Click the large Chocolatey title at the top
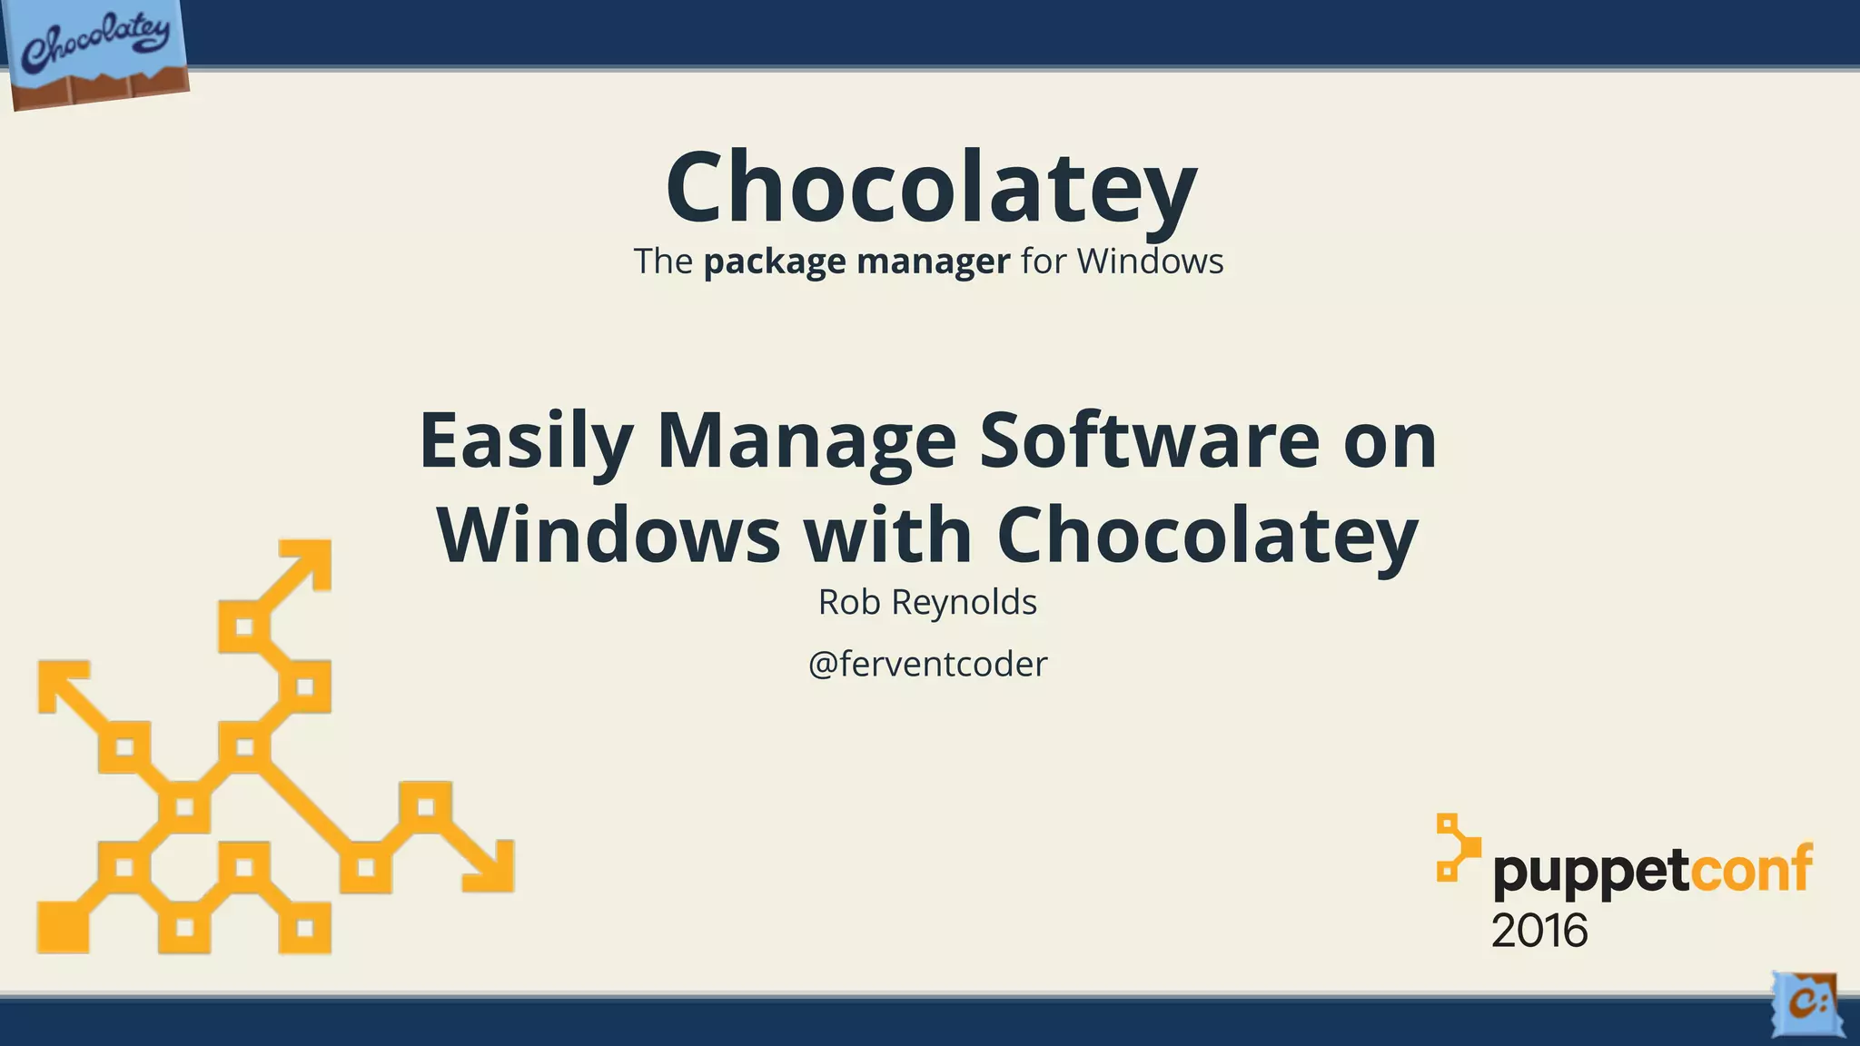(x=931, y=188)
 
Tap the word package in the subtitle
(x=774, y=262)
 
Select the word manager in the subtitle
(x=933, y=262)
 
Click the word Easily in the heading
(x=525, y=441)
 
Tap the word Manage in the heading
(x=806, y=441)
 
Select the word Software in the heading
(x=1149, y=441)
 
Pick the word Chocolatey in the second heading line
(x=1207, y=536)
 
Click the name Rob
(x=842, y=602)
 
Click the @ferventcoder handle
(x=927, y=665)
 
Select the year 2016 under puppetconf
(x=1538, y=932)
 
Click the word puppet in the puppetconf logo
(x=1590, y=873)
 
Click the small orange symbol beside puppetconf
(x=1455, y=846)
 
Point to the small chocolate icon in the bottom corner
(x=1806, y=1004)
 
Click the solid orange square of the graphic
(x=63, y=928)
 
